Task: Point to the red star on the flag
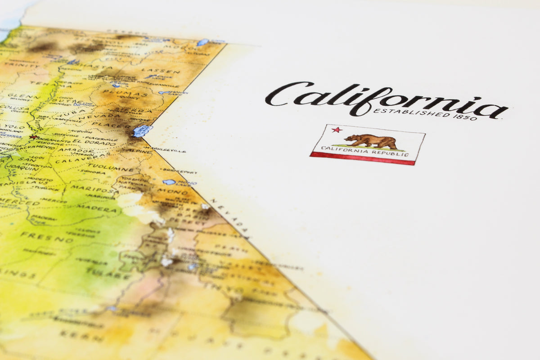[x=336, y=130]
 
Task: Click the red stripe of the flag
[x=362, y=158]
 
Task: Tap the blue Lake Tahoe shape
[x=142, y=130]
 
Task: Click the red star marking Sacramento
[x=32, y=137]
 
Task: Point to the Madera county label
[x=96, y=208]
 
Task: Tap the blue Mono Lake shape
[x=169, y=182]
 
